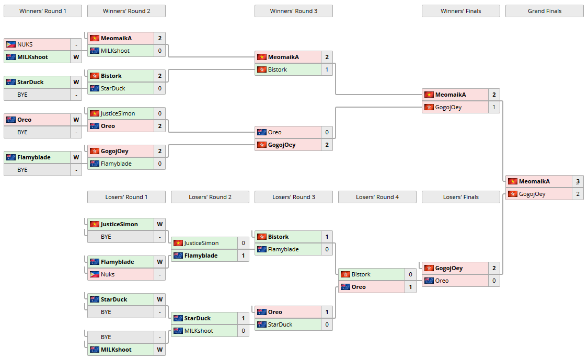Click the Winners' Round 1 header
(x=43, y=11)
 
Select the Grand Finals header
(x=544, y=11)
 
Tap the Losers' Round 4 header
(x=377, y=197)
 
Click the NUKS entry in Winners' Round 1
(x=25, y=44)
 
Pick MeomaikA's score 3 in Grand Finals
(x=578, y=181)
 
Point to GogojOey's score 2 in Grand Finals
(x=578, y=194)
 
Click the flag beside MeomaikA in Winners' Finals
(x=429, y=95)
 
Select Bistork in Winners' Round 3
(x=277, y=69)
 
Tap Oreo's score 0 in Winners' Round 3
(x=327, y=132)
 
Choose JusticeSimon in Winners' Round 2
(x=118, y=113)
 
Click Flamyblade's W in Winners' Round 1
(x=76, y=157)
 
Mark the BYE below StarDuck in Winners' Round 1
(x=22, y=95)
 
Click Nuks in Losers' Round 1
(x=108, y=274)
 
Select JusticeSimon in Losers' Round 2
(x=201, y=243)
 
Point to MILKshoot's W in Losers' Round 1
(x=159, y=350)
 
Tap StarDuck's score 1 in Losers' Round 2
(x=243, y=318)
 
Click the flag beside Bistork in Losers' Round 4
(x=345, y=274)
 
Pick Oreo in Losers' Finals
(x=442, y=281)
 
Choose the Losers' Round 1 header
(x=126, y=197)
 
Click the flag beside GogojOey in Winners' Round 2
(x=95, y=151)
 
